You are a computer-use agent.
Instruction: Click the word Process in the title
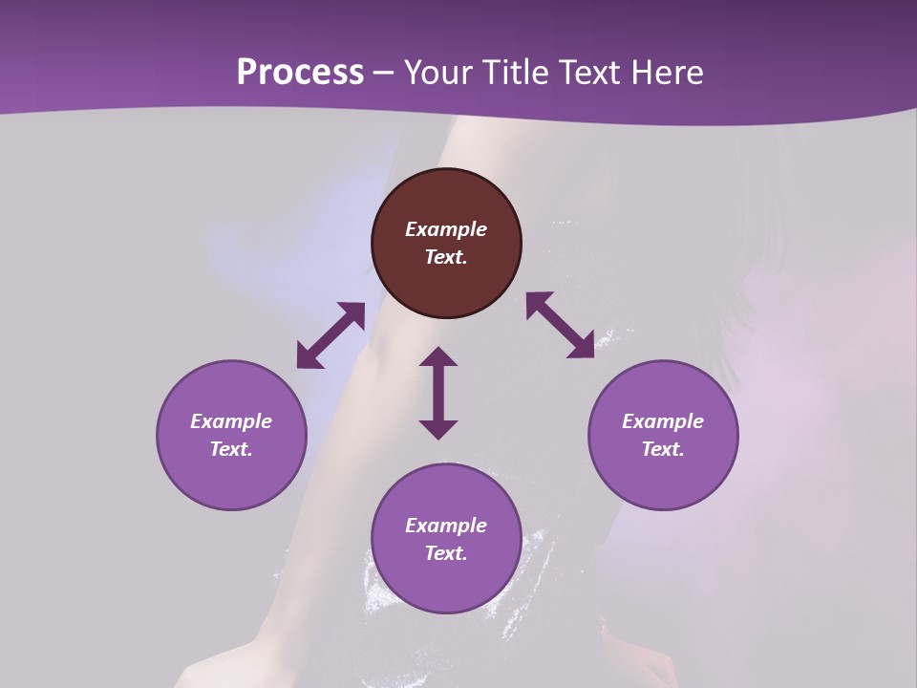coord(300,73)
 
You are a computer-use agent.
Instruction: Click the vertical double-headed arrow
coord(438,393)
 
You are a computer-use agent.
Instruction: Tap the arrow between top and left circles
coord(331,334)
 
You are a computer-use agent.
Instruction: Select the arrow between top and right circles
coord(560,325)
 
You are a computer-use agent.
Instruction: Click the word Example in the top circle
coord(446,229)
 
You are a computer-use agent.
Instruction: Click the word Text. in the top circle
coord(446,257)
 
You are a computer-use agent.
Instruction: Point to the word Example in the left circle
coord(231,421)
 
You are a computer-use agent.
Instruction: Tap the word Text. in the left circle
coord(231,449)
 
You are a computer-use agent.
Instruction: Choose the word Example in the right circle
coord(663,421)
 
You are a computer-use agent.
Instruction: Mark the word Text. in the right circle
coord(663,449)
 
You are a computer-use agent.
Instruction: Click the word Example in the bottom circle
coord(446,526)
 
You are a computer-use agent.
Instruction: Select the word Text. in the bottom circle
coord(446,553)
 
